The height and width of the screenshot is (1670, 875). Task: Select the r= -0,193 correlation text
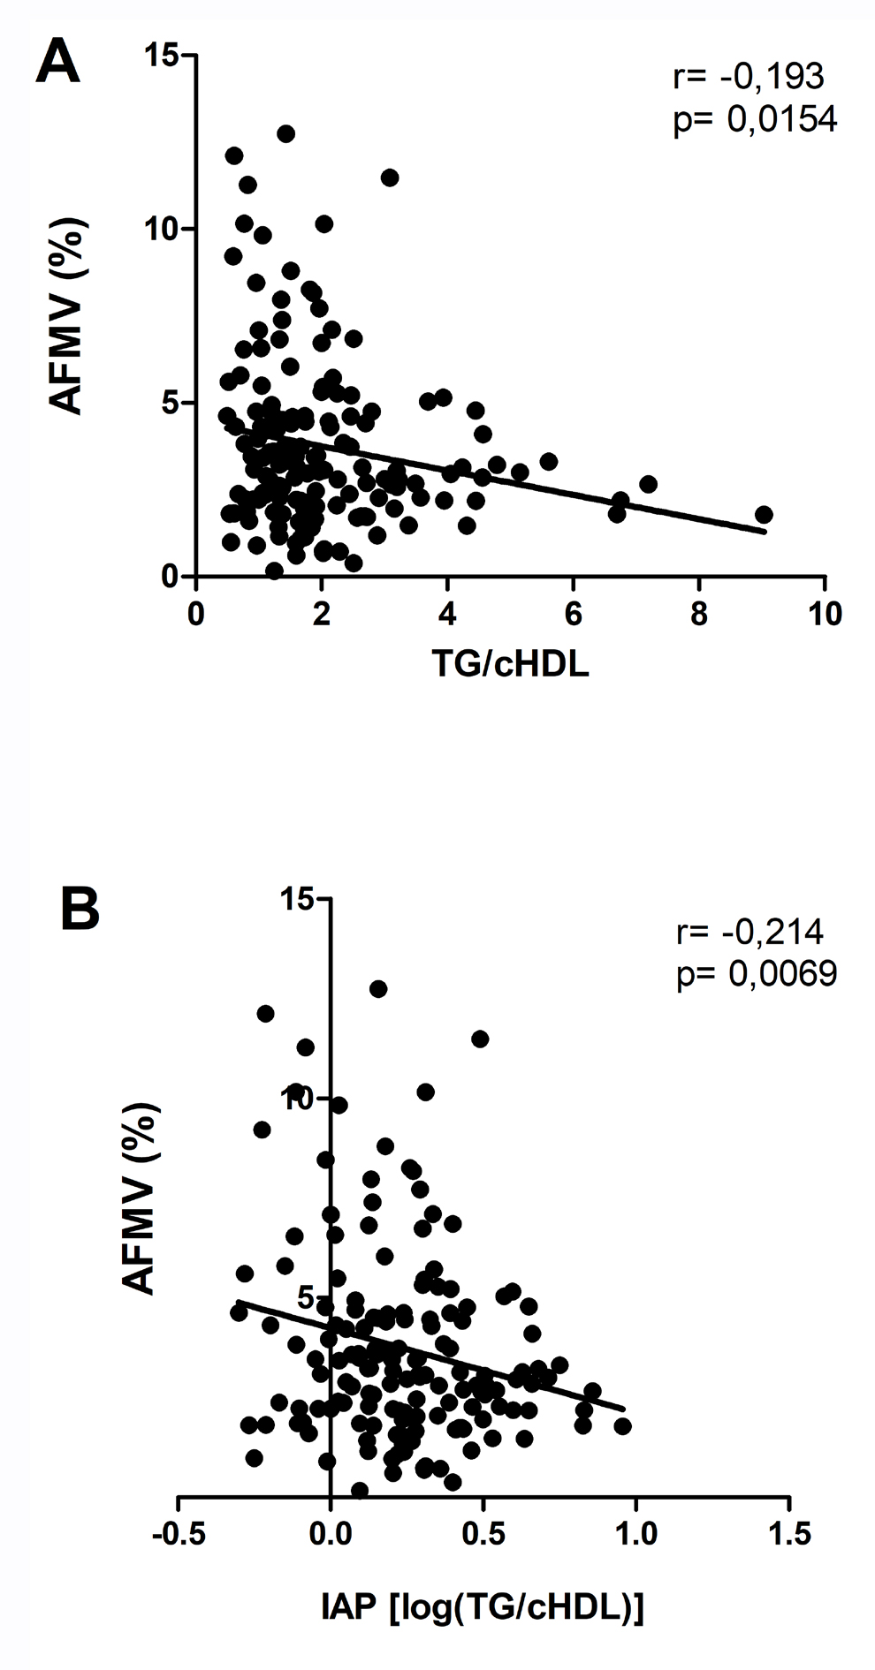pos(748,77)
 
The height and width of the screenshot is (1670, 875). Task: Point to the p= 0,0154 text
pos(754,119)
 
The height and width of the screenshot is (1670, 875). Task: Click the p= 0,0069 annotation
pos(754,973)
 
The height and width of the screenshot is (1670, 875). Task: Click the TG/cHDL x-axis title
pos(510,666)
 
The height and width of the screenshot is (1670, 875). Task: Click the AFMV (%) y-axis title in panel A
pos(66,315)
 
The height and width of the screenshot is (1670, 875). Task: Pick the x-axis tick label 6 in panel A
pos(573,615)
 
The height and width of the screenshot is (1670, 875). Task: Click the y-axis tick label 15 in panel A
pos(163,56)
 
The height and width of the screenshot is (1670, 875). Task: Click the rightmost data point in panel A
pos(764,515)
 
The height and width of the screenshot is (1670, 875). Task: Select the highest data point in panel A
pos(285,133)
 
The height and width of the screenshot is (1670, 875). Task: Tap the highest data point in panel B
pos(377,988)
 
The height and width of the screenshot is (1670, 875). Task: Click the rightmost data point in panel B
pos(622,1425)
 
